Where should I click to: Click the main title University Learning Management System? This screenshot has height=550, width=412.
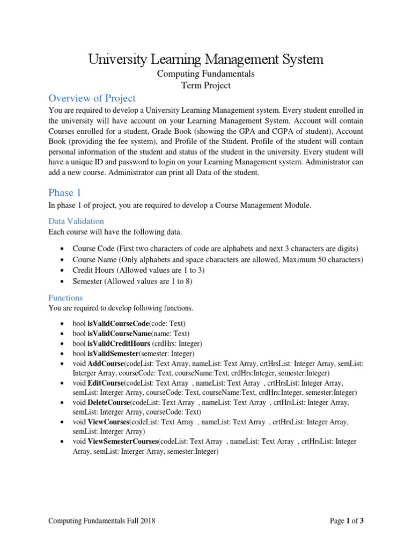(206, 59)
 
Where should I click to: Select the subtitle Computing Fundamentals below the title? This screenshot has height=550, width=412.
(206, 74)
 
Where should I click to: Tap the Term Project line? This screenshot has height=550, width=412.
(206, 85)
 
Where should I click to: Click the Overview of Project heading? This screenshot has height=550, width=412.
(92, 98)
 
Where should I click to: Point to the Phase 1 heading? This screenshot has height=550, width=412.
(64, 193)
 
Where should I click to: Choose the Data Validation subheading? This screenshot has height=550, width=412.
(76, 221)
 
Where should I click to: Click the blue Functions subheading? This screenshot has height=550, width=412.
(65, 298)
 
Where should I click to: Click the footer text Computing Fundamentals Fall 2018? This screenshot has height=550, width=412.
(102, 520)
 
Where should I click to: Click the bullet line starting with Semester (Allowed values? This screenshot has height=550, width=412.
(132, 281)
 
